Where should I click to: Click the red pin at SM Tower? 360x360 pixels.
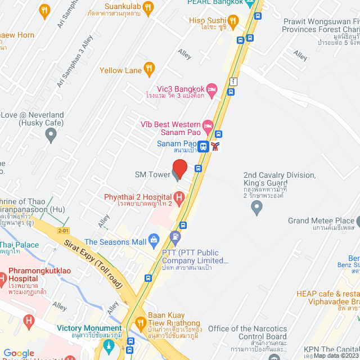click(179, 168)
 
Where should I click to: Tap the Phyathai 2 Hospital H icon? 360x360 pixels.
click(179, 197)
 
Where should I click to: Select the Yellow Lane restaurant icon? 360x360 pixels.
click(149, 70)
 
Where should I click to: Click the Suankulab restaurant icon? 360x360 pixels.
click(148, 7)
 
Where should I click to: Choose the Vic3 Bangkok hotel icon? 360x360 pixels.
click(211, 89)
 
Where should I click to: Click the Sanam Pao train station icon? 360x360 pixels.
click(204, 146)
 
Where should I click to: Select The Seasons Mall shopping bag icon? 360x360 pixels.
click(154, 241)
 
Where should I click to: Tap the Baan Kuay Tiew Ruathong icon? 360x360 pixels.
click(139, 323)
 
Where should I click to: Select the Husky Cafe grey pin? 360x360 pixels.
click(51, 134)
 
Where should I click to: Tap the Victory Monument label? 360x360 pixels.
click(89, 328)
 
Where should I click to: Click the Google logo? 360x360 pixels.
click(19, 353)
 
